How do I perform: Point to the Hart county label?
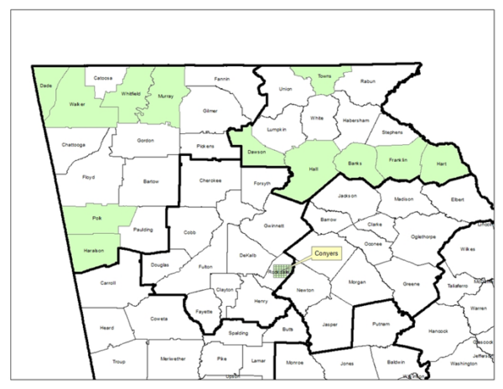point(441,163)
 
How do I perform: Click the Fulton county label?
point(205,267)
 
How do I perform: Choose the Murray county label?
point(164,97)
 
